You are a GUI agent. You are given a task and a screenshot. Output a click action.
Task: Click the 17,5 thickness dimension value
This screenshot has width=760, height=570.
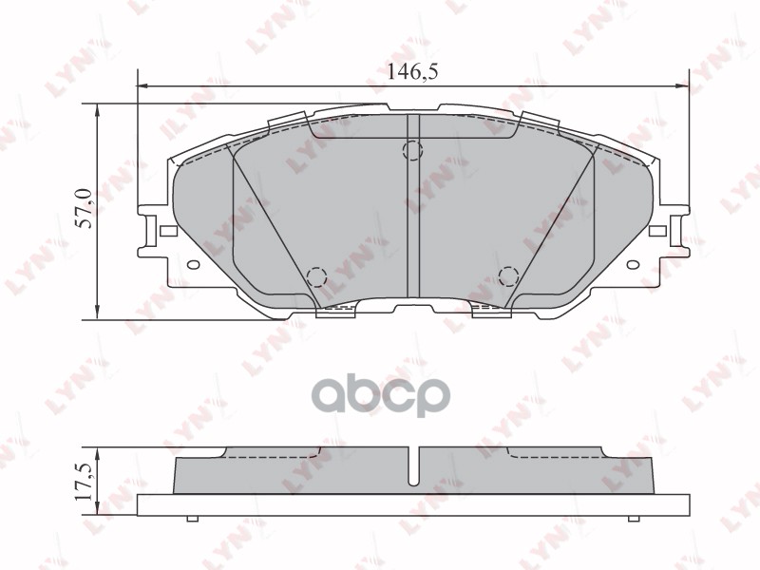click(84, 484)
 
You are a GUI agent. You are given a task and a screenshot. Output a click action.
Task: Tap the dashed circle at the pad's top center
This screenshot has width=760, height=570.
click(412, 150)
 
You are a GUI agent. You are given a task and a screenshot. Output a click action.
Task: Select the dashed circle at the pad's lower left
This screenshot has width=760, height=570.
click(317, 276)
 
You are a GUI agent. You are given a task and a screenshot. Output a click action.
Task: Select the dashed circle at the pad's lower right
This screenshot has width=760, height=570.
click(508, 276)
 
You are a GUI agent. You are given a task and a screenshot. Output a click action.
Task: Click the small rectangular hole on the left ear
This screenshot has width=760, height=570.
click(168, 231)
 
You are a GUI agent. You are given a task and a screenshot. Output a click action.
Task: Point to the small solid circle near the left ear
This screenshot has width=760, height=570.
click(193, 266)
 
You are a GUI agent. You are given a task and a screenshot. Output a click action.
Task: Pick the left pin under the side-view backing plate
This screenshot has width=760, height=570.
click(193, 519)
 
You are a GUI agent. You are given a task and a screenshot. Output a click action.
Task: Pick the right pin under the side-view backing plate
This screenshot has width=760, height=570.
click(633, 519)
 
